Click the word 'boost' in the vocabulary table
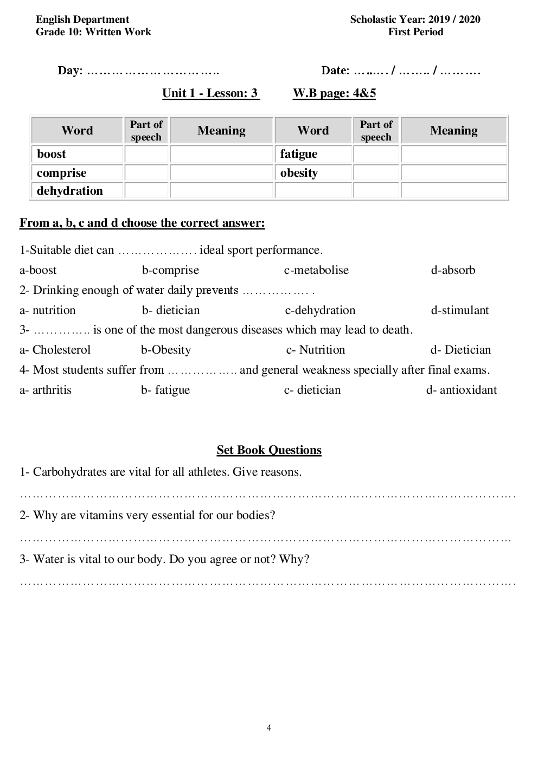pyautogui.click(x=52, y=154)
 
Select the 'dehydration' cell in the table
pyautogui.click(x=70, y=191)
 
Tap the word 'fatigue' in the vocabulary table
pyautogui.click(x=299, y=154)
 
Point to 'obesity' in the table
pyautogui.click(x=299, y=173)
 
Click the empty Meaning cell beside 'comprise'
pyautogui.click(x=221, y=173)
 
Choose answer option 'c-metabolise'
pyautogui.click(x=316, y=270)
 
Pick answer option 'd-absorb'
pyautogui.click(x=453, y=270)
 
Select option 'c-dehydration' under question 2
pyautogui.click(x=320, y=310)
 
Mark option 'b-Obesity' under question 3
pyautogui.click(x=166, y=350)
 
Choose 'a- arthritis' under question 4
pyautogui.click(x=46, y=390)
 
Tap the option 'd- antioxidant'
pyautogui.click(x=461, y=390)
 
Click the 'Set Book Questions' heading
pyautogui.click(x=269, y=450)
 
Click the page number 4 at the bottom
pyautogui.click(x=269, y=728)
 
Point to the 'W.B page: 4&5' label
pyautogui.click(x=334, y=93)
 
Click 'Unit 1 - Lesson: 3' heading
pyautogui.click(x=210, y=93)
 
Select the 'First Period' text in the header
pyautogui.click(x=415, y=32)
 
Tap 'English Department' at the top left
pyautogui.click(x=82, y=20)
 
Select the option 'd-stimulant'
pyautogui.click(x=460, y=310)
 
